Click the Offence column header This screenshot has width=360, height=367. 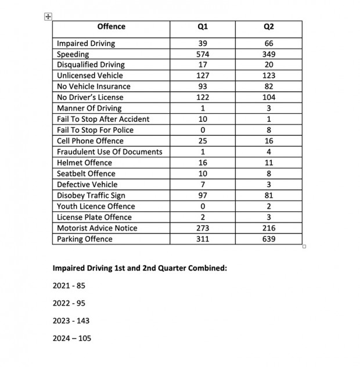pyautogui.click(x=111, y=27)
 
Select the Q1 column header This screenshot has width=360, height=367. pyautogui.click(x=203, y=27)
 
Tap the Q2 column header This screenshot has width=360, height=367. pyautogui.click(x=269, y=27)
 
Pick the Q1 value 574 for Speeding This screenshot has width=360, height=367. pyautogui.click(x=203, y=54)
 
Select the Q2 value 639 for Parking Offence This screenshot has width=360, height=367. pyautogui.click(x=269, y=239)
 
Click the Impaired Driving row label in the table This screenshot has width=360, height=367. pyautogui.click(x=86, y=44)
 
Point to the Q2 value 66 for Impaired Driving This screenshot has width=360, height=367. pyautogui.click(x=269, y=44)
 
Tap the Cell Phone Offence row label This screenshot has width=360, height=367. pyautogui.click(x=90, y=141)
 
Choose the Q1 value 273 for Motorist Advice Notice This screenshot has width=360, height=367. pyautogui.click(x=203, y=228)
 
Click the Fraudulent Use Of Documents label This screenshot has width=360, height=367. pyautogui.click(x=110, y=152)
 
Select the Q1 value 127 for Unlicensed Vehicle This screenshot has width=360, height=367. pyautogui.click(x=203, y=75)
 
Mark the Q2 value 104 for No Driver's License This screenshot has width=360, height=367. pyautogui.click(x=269, y=98)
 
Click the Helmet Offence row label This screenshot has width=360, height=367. pyautogui.click(x=84, y=163)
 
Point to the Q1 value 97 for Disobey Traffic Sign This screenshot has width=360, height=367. pyautogui.click(x=203, y=196)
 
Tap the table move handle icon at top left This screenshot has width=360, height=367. pyautogui.click(x=48, y=17)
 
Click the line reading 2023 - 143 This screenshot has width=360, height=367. pyautogui.click(x=71, y=321)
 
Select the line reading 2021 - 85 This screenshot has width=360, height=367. pyautogui.click(x=69, y=286)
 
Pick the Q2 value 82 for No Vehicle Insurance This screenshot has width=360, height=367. pyautogui.click(x=269, y=87)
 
